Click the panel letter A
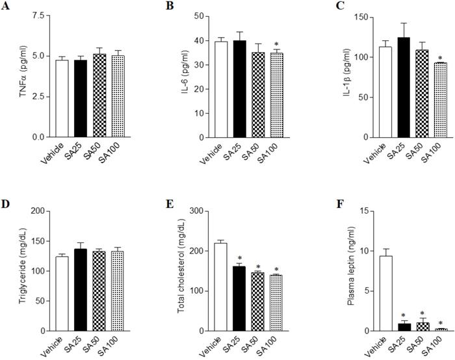point(6,7)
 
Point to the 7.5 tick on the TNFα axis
point(40,15)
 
